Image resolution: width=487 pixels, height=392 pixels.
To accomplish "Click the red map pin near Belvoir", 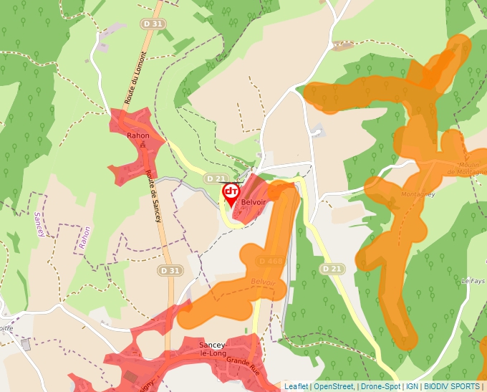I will [x=231, y=193].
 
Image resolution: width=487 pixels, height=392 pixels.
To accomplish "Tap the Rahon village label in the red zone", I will [x=138, y=135].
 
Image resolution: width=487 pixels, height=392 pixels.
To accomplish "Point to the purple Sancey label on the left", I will [x=39, y=224].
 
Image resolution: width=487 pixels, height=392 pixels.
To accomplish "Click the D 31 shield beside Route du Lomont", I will [x=153, y=24].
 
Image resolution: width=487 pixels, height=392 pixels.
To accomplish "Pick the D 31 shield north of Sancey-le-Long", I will [x=170, y=271].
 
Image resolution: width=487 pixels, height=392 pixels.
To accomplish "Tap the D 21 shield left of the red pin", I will [x=215, y=178].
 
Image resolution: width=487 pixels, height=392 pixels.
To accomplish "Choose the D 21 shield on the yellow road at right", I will [x=332, y=269].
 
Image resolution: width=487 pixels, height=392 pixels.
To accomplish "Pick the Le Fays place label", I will [x=473, y=280].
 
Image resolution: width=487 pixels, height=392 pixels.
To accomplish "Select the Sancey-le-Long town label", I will [x=213, y=350].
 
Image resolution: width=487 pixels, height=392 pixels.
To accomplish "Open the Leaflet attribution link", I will [x=296, y=386].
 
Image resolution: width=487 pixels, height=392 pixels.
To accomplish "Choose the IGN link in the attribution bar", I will [x=412, y=386].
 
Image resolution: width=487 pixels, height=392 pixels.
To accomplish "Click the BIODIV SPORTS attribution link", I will [x=451, y=386].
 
